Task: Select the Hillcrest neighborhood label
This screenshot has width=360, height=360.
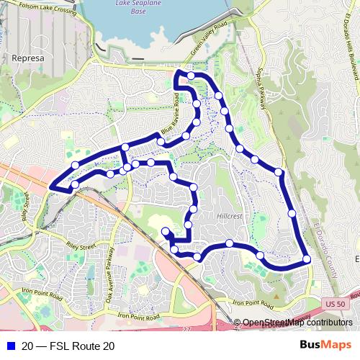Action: click(x=230, y=215)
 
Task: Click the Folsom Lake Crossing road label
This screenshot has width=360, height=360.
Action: click(x=40, y=8)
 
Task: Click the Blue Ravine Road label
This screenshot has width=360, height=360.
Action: click(x=170, y=119)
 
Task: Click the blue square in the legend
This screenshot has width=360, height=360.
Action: click(x=9, y=346)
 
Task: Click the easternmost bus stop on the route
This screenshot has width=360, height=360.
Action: click(x=307, y=259)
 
